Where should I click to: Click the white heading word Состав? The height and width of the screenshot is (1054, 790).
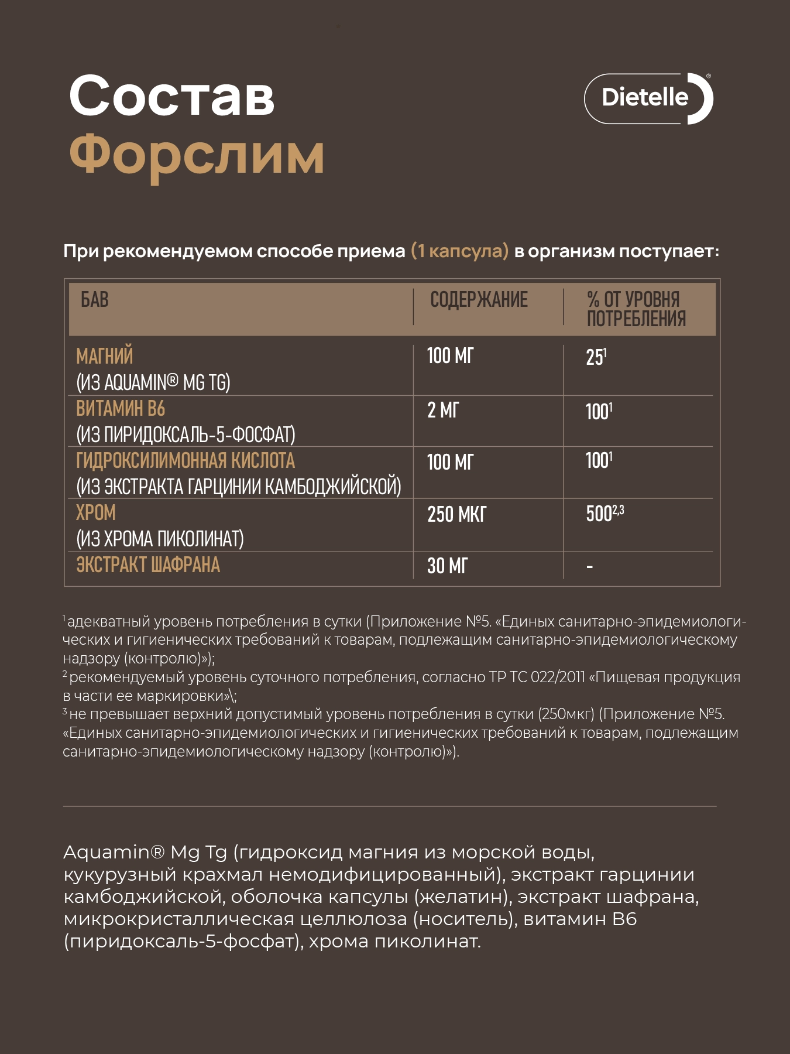coord(171,96)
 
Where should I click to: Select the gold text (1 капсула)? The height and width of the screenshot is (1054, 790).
coord(459,251)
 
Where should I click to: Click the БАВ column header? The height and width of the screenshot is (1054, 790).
coord(94,300)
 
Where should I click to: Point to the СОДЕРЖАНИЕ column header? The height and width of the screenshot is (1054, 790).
coord(479,300)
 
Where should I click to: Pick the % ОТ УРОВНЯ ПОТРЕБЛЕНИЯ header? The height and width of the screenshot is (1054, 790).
coord(636,309)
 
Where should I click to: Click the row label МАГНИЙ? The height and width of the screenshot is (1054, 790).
coord(105,356)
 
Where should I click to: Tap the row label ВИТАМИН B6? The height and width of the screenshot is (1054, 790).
coord(121,408)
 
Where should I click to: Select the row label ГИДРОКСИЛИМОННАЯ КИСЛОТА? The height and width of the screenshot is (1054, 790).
coord(186,461)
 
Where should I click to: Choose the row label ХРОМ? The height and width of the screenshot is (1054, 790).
coord(96,513)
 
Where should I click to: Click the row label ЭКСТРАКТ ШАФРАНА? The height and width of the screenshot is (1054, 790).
coord(148,565)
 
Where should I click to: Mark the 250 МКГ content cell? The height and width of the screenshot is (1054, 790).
coord(456,515)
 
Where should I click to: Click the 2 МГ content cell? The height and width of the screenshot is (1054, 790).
coord(443,410)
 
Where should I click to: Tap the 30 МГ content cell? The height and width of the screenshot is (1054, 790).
coord(447,566)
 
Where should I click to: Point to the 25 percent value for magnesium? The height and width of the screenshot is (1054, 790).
coord(596,357)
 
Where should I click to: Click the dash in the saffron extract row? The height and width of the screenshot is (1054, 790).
coord(589,567)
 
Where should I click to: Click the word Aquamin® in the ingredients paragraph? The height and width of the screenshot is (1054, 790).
coord(114,853)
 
